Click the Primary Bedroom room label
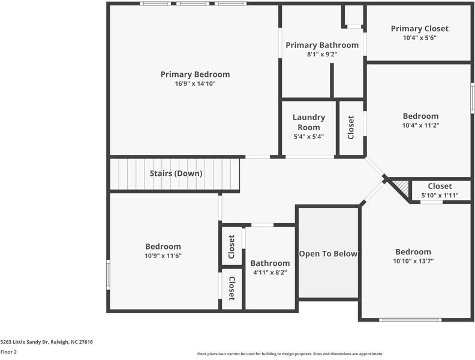click(195, 74)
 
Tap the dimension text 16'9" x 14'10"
click(195, 83)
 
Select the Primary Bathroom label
click(322, 46)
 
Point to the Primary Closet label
click(420, 29)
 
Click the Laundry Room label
click(309, 122)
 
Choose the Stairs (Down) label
click(176, 173)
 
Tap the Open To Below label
click(329, 254)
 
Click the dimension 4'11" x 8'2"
click(270, 272)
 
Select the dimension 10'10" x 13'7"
click(413, 261)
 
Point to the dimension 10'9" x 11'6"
click(163, 256)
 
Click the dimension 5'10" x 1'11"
click(440, 196)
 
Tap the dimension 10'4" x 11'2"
click(420, 125)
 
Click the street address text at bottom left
click(47, 342)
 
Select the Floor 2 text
click(8, 352)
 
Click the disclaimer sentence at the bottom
click(290, 353)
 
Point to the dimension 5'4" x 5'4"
click(309, 137)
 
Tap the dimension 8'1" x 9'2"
click(322, 55)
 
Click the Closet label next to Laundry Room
click(351, 127)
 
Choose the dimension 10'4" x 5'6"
click(420, 38)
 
